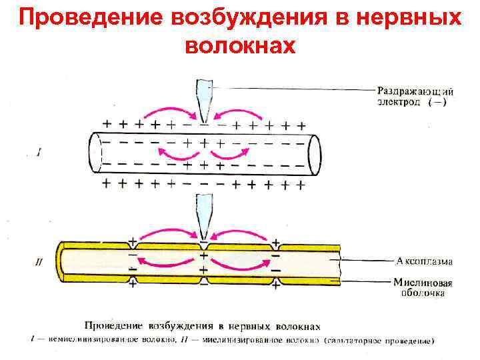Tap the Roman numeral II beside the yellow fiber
click(39, 262)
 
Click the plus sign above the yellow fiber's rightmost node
click(274, 239)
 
